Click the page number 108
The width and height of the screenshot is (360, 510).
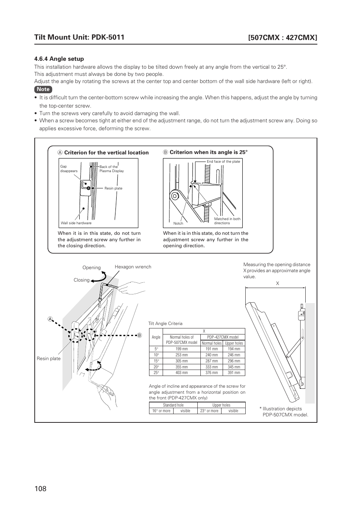[x=40, y=489]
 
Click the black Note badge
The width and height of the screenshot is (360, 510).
[x=43, y=89]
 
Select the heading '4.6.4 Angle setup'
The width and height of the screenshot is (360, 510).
[x=59, y=59]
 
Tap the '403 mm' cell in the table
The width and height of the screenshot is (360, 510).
[x=182, y=373]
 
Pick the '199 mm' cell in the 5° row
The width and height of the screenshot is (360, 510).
[x=182, y=349]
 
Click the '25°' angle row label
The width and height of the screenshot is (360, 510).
[x=156, y=373]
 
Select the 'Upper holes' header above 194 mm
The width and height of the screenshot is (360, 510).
[x=234, y=343]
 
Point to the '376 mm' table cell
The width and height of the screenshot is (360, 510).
[x=212, y=373]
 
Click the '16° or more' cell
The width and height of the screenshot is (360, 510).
[x=161, y=411]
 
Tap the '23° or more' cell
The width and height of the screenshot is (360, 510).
[x=209, y=411]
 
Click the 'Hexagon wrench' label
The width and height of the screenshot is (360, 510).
[x=133, y=267]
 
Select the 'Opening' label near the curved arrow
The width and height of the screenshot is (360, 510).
[x=92, y=268]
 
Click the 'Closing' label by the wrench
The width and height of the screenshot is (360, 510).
[x=82, y=280]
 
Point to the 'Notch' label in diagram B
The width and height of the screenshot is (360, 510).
[x=178, y=223]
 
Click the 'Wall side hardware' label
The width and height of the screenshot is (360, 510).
[x=76, y=223]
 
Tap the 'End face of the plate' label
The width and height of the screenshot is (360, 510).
[x=223, y=162]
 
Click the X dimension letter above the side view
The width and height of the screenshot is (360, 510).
[x=277, y=283]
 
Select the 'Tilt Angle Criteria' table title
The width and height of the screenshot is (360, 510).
[x=165, y=324]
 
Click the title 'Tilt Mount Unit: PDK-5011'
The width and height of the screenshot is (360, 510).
[x=79, y=37]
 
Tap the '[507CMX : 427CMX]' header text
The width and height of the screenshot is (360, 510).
[x=282, y=37]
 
